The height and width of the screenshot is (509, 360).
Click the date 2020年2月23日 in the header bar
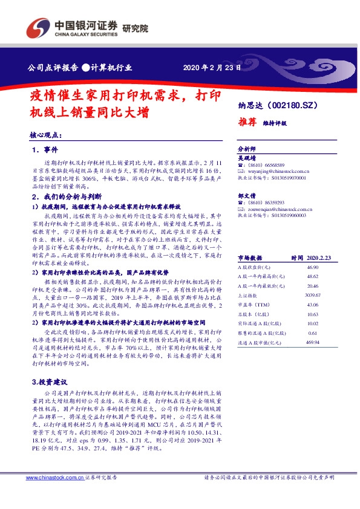(211, 67)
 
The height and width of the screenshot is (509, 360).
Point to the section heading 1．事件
(45, 150)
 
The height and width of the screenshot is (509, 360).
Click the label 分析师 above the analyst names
(247, 148)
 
